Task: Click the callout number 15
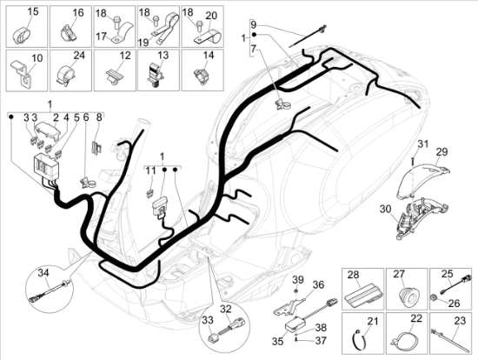tap(33, 12)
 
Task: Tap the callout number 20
tap(210, 15)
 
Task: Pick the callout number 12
tap(125, 56)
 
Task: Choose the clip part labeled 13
tap(155, 74)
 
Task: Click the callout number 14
tap(209, 56)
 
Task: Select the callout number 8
tap(99, 117)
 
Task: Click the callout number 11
tap(150, 171)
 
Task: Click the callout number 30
tap(385, 210)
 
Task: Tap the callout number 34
tap(43, 273)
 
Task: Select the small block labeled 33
tap(212, 339)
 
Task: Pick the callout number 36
tap(318, 285)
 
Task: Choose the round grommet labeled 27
tap(407, 295)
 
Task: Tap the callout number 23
tap(460, 321)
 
